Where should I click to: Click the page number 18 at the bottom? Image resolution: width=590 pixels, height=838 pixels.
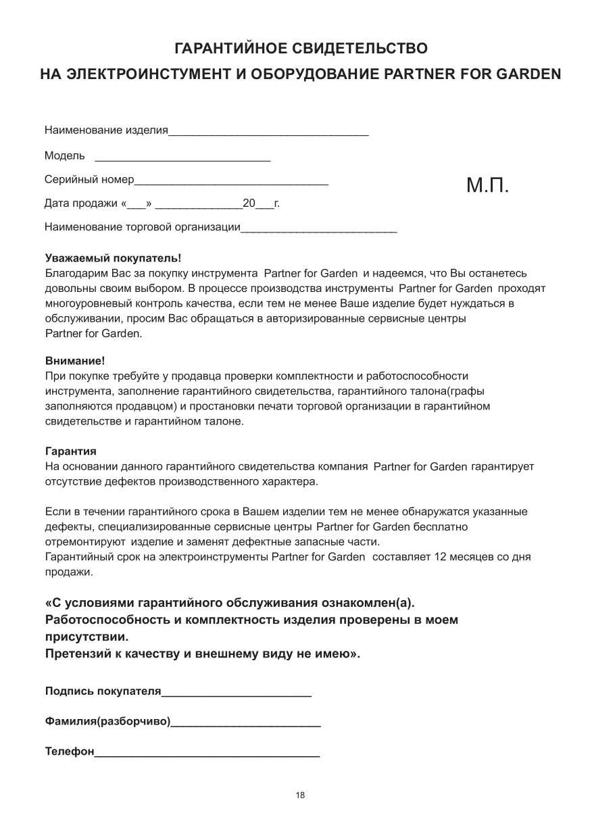(300, 795)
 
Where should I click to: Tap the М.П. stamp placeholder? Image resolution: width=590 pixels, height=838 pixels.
(487, 185)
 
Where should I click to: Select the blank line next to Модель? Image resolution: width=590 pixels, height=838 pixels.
(182, 159)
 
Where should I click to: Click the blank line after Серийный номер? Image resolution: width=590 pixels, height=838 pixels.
(231, 183)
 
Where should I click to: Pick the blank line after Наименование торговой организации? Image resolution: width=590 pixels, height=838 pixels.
(318, 230)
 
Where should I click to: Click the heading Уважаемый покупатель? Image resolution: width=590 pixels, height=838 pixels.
(113, 258)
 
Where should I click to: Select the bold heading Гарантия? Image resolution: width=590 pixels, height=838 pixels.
(70, 451)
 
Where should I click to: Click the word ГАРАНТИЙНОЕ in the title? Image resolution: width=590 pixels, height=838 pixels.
(230, 49)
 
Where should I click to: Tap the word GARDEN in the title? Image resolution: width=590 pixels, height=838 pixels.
(528, 73)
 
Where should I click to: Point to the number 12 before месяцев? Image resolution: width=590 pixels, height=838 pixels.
(443, 558)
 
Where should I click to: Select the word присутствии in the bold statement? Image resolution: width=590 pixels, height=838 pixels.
(85, 637)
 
